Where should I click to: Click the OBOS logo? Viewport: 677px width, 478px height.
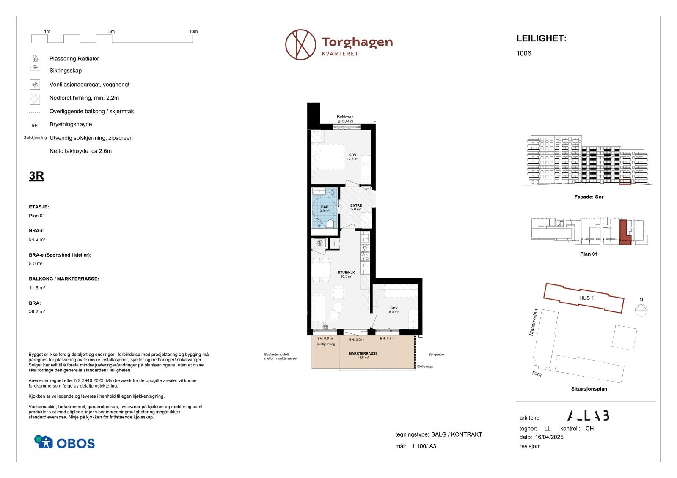click(64, 442)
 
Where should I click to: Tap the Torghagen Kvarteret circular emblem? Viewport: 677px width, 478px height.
click(300, 44)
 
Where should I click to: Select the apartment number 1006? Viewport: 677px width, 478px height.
click(523, 53)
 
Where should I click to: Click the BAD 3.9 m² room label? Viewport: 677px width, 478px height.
click(325, 209)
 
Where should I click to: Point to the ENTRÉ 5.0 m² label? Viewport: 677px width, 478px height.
click(356, 207)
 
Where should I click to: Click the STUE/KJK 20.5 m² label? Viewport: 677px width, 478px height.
click(346, 274)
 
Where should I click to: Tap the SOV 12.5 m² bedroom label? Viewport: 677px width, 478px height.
click(352, 157)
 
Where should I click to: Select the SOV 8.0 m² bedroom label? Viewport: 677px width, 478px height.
click(394, 310)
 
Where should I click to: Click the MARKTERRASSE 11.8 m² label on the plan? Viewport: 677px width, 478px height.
click(363, 355)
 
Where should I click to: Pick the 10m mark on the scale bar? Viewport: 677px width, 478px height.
click(193, 32)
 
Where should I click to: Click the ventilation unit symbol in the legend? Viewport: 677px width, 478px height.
click(35, 85)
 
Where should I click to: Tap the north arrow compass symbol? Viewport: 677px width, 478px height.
click(641, 310)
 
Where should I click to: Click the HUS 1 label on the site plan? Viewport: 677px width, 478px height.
click(586, 298)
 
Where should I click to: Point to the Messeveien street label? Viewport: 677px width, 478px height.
click(534, 322)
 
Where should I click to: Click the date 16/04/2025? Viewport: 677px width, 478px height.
click(550, 437)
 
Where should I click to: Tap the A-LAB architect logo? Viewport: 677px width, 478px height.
click(588, 416)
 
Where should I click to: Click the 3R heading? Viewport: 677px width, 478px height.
click(36, 176)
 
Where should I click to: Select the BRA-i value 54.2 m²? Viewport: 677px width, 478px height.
click(37, 239)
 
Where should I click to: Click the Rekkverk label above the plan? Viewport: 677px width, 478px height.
click(345, 117)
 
